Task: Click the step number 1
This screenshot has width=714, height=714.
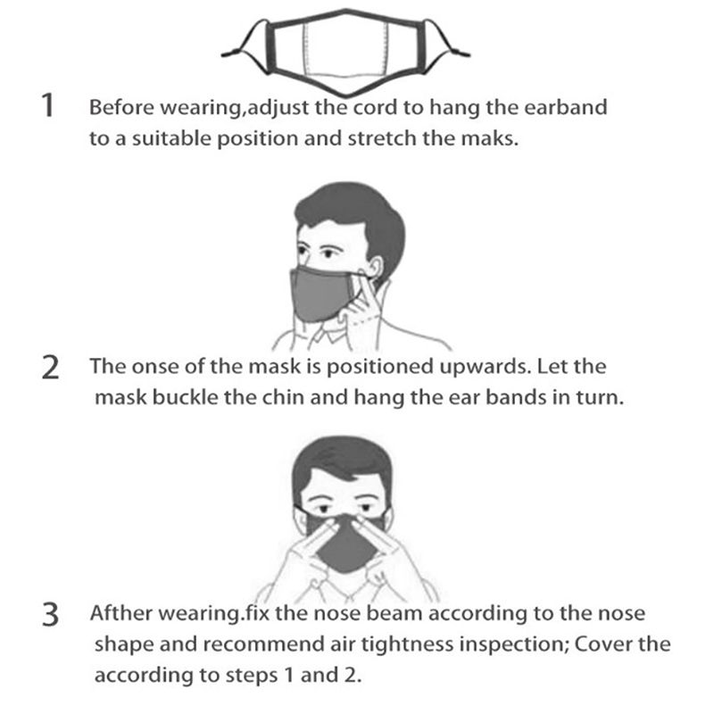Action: coord(48,105)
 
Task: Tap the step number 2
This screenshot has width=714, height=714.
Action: coord(50,368)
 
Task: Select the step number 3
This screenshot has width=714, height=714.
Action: coord(50,615)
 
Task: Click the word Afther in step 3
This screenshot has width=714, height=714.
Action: coord(121,613)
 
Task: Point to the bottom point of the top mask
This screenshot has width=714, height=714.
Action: coord(347,95)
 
